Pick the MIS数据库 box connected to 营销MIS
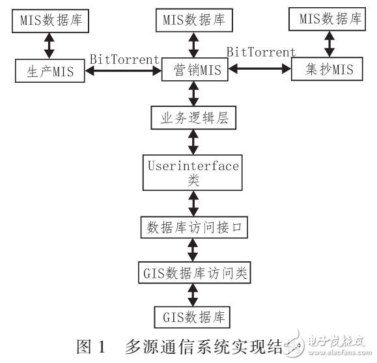(x=192, y=20)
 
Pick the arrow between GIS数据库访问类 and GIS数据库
(x=192, y=295)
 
